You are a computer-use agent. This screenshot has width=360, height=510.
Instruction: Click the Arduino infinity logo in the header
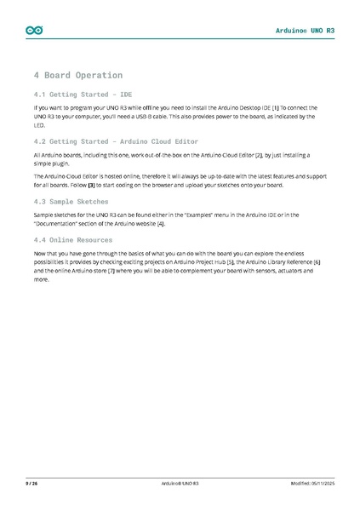pyautogui.click(x=35, y=31)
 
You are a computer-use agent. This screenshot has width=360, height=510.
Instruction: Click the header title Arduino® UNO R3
pyautogui.click(x=305, y=31)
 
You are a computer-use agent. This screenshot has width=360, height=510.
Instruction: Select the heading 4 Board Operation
pyautogui.click(x=77, y=75)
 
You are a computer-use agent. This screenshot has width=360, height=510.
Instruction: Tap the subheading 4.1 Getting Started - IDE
pyautogui.click(x=83, y=94)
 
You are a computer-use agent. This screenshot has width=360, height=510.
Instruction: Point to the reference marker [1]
pyautogui.click(x=276, y=108)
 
